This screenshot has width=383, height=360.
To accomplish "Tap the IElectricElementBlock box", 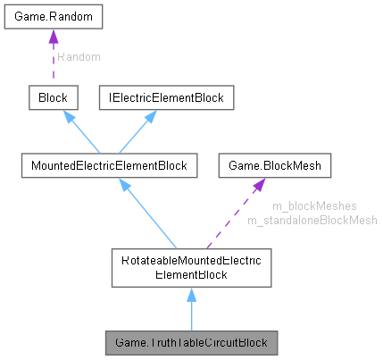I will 165,96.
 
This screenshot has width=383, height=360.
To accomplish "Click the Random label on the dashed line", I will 79,57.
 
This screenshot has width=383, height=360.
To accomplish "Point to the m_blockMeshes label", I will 302,206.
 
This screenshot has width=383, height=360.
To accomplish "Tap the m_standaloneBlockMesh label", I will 312,220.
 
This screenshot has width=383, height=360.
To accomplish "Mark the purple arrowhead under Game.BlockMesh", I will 257,184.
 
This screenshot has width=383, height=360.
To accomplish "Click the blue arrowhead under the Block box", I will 64,114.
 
